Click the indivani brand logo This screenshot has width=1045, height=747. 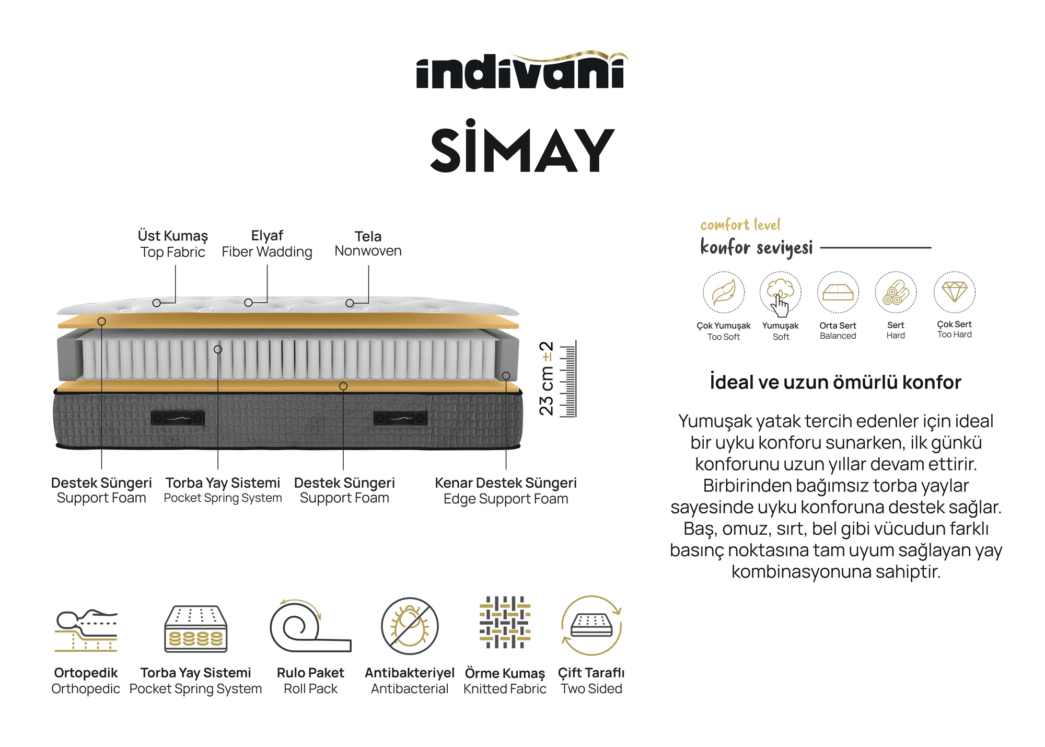[521, 71]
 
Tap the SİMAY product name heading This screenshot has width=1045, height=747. [521, 149]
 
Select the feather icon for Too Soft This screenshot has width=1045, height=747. [723, 292]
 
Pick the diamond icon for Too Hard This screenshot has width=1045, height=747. [954, 291]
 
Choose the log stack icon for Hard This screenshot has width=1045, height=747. [896, 292]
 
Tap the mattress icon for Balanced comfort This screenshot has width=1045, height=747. [838, 292]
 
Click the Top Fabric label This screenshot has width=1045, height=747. [172, 244]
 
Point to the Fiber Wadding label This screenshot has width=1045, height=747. [267, 244]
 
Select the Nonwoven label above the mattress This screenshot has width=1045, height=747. [368, 244]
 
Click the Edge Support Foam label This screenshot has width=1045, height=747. [506, 491]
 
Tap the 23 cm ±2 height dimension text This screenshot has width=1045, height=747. [547, 378]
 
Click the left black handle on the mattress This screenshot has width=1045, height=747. [178, 418]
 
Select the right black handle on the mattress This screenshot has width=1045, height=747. [400, 418]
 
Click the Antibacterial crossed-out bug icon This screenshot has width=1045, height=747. [410, 626]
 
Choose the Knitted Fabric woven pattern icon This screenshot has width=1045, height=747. [505, 623]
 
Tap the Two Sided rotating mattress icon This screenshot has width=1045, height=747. [591, 626]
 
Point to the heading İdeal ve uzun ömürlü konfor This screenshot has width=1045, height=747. [835, 383]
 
